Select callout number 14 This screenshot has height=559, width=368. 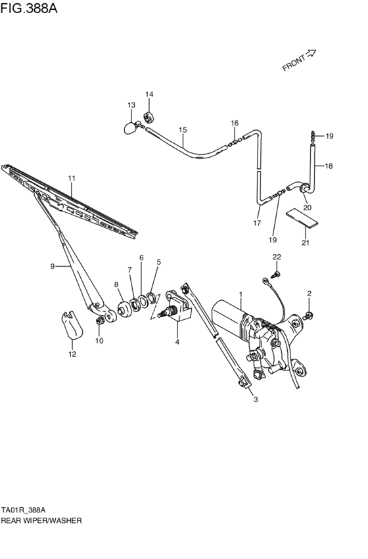149,95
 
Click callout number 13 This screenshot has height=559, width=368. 131,105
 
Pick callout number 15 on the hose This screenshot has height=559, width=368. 183,129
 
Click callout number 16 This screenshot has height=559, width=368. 234,123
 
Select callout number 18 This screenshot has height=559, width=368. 329,166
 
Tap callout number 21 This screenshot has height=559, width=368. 304,244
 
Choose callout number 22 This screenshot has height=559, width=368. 277,256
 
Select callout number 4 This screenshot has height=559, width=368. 176,341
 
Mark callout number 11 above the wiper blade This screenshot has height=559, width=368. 72,178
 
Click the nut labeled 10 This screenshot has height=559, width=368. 101,321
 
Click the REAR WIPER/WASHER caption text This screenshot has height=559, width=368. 41,520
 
